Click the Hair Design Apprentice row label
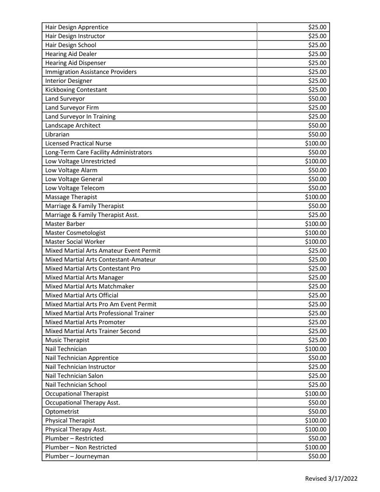pos(77,27)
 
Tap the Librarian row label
pos(58,134)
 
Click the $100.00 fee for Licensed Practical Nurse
pos(316,143)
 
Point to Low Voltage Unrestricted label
pos(81,161)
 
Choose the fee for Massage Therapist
pos(316,197)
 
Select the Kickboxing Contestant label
pos(76,90)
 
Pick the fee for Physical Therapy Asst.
pos(316,429)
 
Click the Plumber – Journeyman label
pos(78,456)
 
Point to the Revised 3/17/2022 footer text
pos(331,479)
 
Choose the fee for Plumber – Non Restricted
pos(316,447)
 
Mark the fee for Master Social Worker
pos(316,242)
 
